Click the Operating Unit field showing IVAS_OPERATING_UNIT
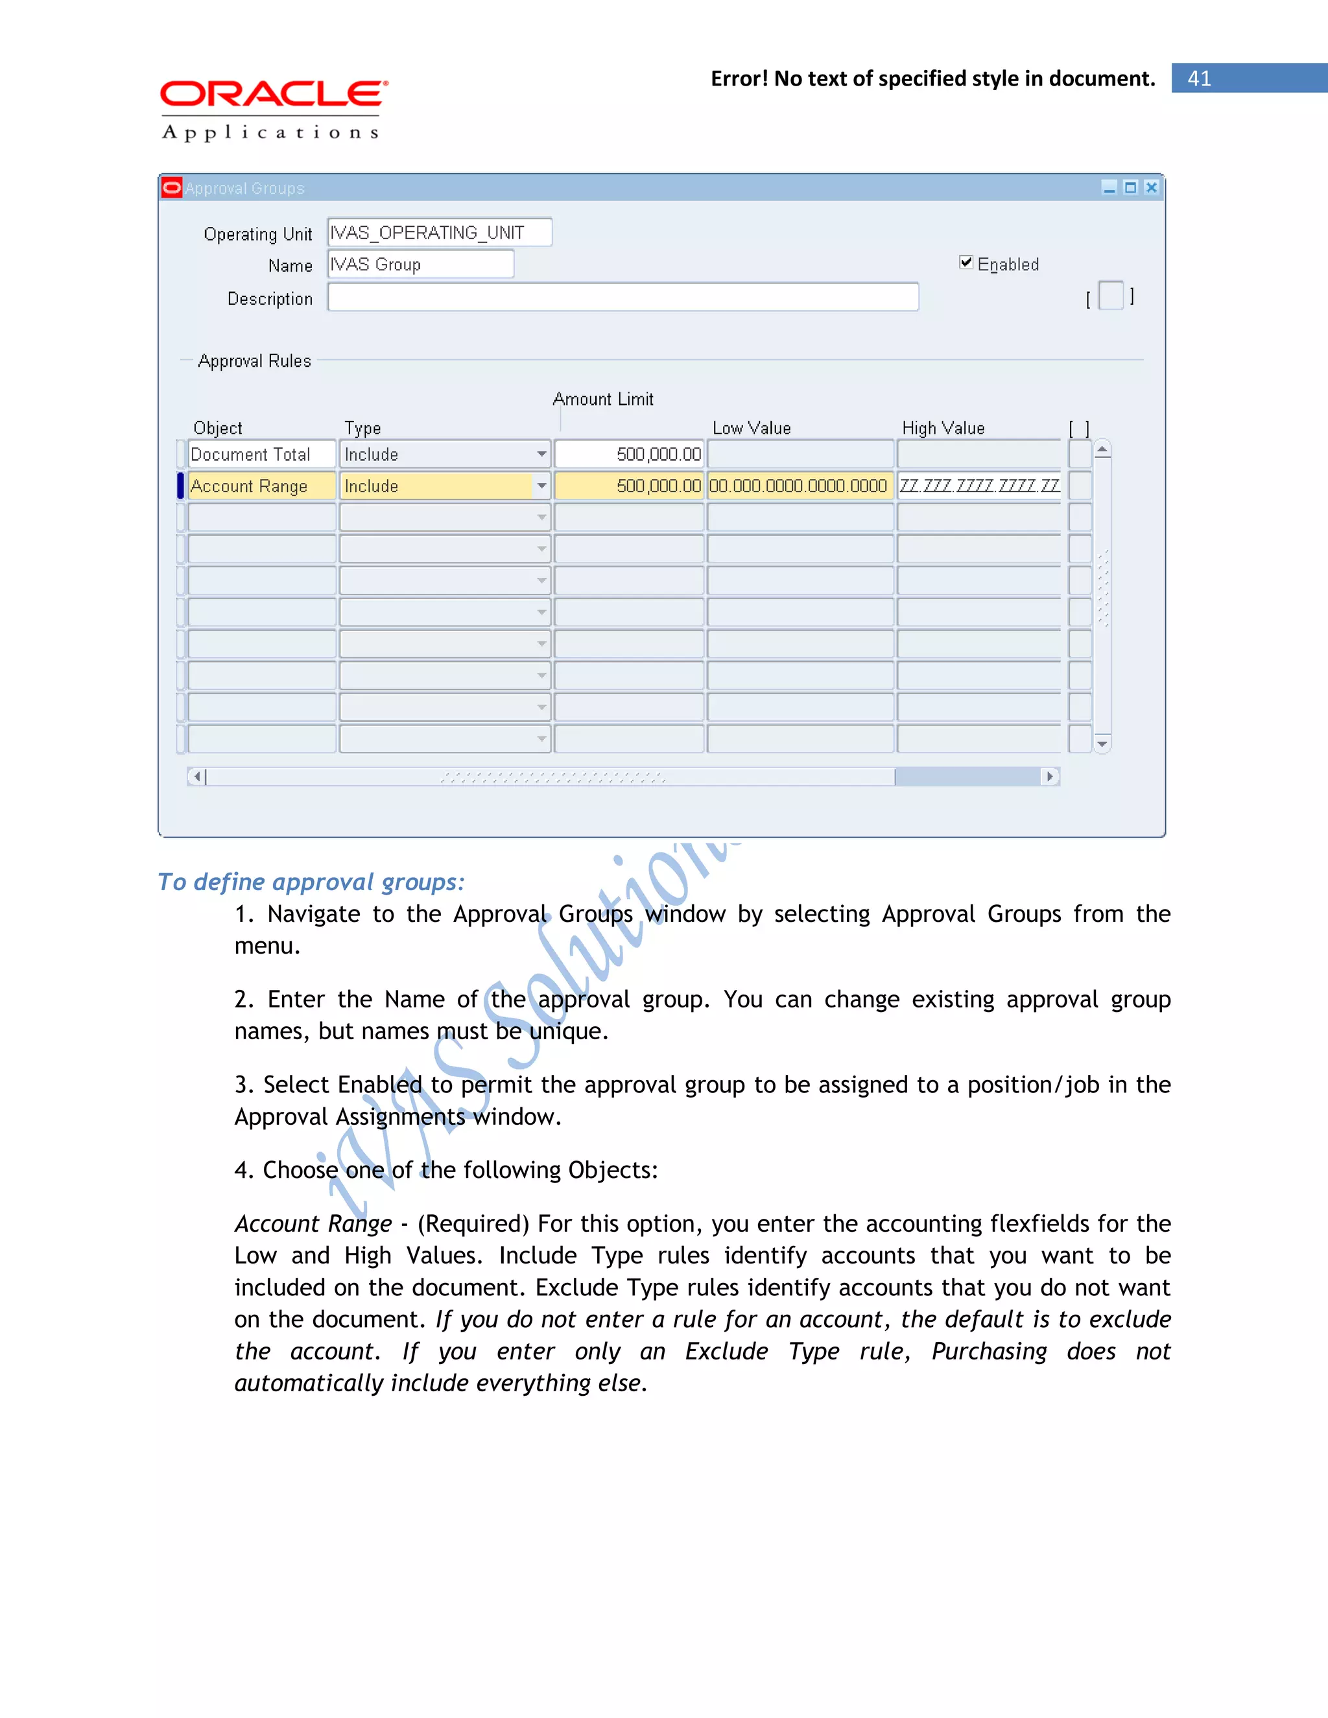(x=439, y=233)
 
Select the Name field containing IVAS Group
(x=420, y=265)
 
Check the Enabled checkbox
(x=966, y=263)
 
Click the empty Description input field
(x=622, y=298)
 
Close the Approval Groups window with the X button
(x=1151, y=187)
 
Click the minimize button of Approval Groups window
(x=1109, y=187)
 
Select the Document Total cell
(x=261, y=454)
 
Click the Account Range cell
(x=261, y=486)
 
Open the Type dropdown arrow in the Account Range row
(x=541, y=486)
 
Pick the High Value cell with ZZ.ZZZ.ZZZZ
(x=978, y=486)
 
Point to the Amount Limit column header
(x=602, y=399)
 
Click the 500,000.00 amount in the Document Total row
(x=630, y=454)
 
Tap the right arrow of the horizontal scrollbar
(x=1050, y=777)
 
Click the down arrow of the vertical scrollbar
(x=1102, y=744)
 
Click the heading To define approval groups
(x=311, y=882)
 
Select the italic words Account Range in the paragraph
(x=313, y=1224)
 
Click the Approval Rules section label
(x=254, y=361)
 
